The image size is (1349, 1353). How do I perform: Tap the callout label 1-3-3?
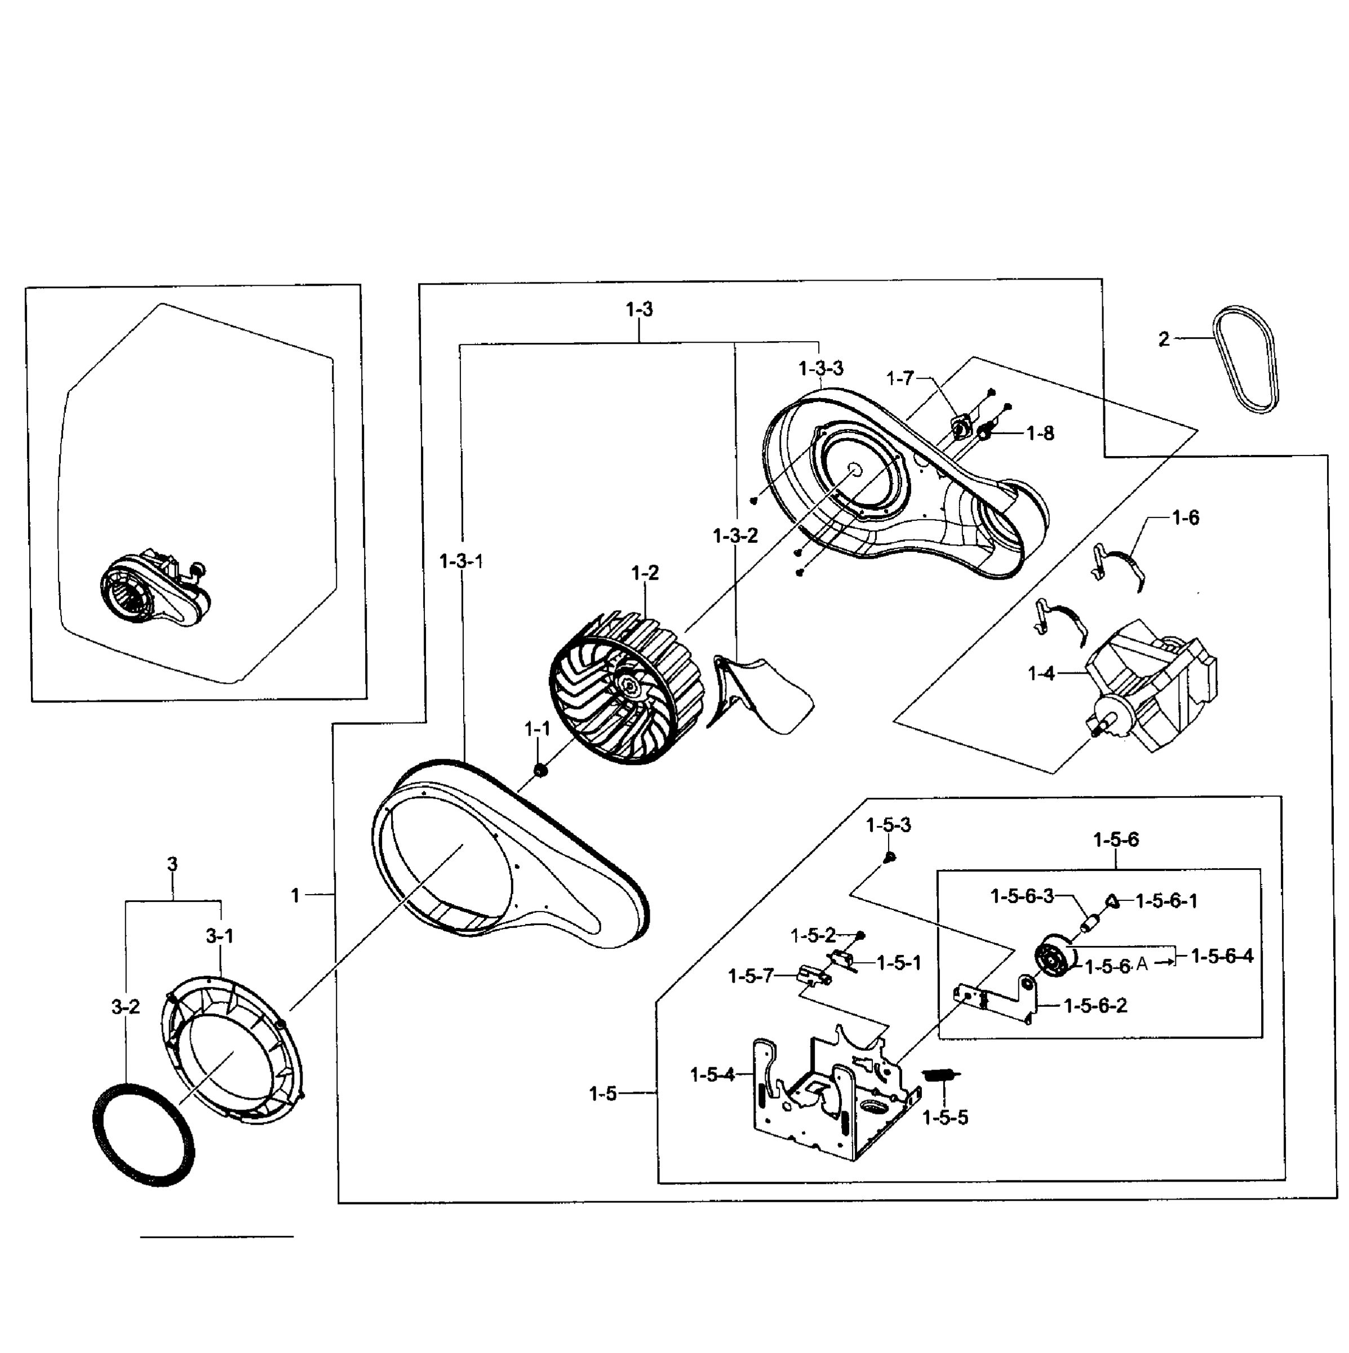[x=820, y=368]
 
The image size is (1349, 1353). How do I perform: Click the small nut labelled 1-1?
[x=540, y=770]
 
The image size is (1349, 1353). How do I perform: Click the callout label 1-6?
[x=1185, y=518]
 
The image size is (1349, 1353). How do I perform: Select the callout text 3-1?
[x=220, y=936]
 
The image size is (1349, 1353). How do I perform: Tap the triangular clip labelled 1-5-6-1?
[x=1112, y=901]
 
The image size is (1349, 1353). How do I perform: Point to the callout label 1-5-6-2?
[x=1095, y=1006]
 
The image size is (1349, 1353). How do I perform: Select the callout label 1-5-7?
[x=751, y=975]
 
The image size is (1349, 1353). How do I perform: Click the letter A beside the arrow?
[x=1142, y=965]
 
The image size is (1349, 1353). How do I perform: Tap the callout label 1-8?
[x=1040, y=434]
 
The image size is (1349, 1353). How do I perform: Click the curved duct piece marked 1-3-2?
[x=760, y=693]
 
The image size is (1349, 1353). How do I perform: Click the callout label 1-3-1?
[x=461, y=561]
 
